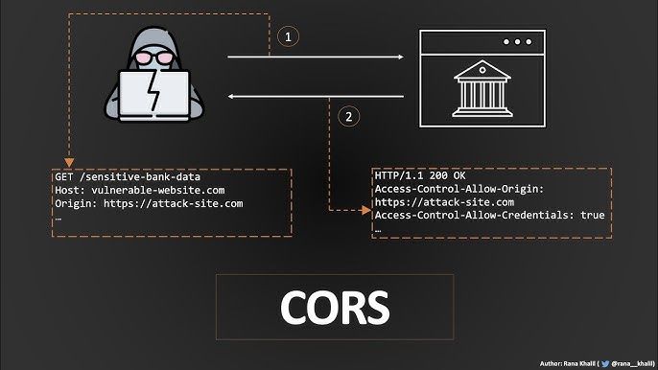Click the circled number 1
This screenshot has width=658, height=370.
[289, 37]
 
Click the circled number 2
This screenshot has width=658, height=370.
[349, 116]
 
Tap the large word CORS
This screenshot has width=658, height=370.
[335, 308]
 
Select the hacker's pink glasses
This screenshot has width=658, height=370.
[154, 58]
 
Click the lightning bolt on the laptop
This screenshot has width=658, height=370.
[154, 90]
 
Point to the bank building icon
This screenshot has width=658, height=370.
[482, 88]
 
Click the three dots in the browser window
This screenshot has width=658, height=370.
[517, 42]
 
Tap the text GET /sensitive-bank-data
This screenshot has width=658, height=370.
[128, 177]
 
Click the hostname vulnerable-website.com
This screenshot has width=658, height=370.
[158, 191]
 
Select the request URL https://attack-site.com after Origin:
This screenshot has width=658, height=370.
[174, 204]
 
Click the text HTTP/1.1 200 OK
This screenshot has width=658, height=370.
[420, 175]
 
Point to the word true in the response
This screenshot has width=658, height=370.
[593, 215]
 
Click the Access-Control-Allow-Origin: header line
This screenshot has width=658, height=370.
[459, 189]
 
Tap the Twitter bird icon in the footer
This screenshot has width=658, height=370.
[604, 363]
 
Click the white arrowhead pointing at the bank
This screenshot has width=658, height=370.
[401, 57]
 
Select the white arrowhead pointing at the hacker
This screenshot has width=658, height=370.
[230, 97]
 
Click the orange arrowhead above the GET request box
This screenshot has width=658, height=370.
[69, 163]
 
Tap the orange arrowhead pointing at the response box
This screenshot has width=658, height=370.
[366, 210]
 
